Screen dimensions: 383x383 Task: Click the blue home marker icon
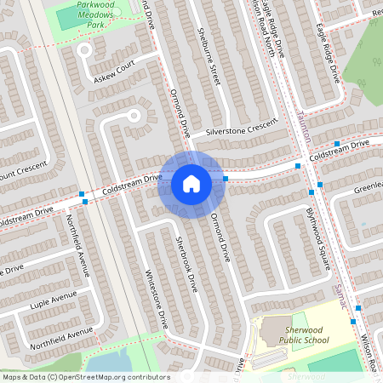[x=191, y=183]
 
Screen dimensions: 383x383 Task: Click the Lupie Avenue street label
[x=53, y=303]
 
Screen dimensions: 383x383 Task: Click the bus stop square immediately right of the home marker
[x=225, y=179]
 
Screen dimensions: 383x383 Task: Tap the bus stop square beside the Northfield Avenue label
[x=83, y=195]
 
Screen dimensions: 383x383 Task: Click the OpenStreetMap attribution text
[x=86, y=376]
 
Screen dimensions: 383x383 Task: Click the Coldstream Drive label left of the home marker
[x=133, y=181]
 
